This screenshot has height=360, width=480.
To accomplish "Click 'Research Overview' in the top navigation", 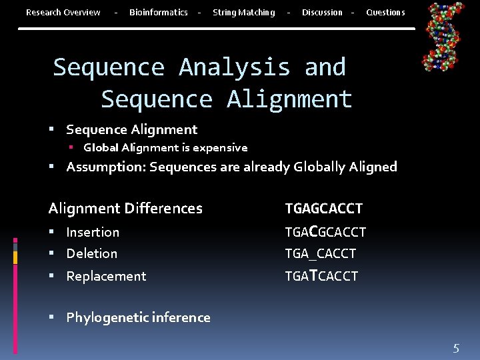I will tap(63, 13).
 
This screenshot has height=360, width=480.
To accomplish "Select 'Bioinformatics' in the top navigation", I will tap(158, 13).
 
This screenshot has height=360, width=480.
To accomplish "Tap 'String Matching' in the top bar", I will tap(243, 13).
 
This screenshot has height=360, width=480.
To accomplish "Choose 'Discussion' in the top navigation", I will tap(321, 13).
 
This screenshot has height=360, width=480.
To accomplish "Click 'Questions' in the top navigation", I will tap(385, 13).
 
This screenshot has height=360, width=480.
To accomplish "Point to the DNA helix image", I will tap(444, 36).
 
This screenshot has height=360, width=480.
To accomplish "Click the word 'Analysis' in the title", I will tap(235, 67).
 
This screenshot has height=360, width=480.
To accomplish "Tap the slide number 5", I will tap(456, 347).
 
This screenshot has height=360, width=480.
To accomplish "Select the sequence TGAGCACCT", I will tap(323, 209).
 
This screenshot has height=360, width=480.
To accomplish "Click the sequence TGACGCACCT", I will tap(325, 232).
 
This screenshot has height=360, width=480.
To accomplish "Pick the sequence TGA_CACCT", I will tap(320, 254).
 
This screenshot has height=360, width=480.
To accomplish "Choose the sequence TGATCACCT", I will tap(321, 276).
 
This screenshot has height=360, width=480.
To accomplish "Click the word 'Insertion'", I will tap(93, 232).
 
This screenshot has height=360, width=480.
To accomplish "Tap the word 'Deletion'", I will tap(91, 254).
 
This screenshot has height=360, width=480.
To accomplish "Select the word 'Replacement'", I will tap(106, 276).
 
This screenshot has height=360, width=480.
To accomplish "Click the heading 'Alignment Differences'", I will tap(125, 209).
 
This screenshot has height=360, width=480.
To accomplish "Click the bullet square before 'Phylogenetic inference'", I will tap(52, 318).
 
